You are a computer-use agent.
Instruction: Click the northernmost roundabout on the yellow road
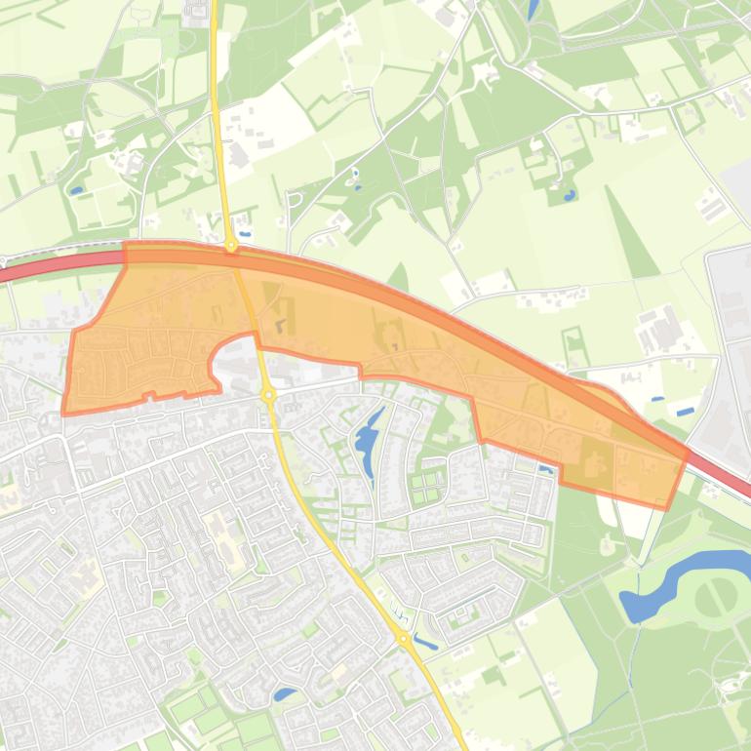[x=231, y=246]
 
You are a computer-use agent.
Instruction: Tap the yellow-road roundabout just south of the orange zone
[x=267, y=394]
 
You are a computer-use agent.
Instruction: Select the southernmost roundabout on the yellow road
[x=403, y=638]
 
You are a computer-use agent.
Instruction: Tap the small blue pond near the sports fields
[x=284, y=694]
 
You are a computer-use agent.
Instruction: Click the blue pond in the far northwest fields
[x=76, y=190]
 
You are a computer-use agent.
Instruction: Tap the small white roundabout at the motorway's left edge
[x=3, y=261]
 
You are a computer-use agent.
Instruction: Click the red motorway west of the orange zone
[x=59, y=266]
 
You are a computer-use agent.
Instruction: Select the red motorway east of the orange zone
[x=722, y=477]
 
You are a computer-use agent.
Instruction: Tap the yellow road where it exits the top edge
[x=213, y=4]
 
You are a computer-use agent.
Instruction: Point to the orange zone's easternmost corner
[x=688, y=452]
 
